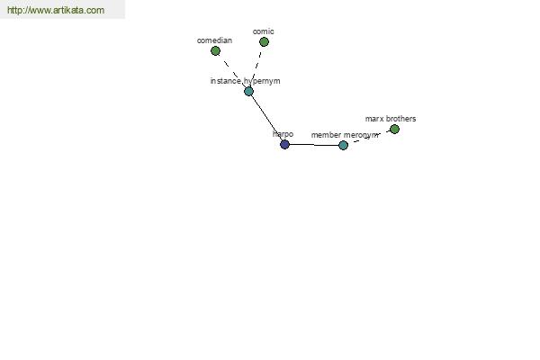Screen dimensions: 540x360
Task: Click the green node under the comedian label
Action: click(x=215, y=51)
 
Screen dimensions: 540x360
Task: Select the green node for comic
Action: click(x=264, y=41)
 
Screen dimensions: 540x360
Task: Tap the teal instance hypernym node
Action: click(x=248, y=91)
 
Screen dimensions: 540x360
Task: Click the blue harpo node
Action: click(x=284, y=144)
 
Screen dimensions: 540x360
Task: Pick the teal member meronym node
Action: click(x=343, y=145)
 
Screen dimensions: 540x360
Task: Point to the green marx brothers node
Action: click(x=394, y=130)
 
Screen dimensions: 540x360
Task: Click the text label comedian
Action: click(x=214, y=40)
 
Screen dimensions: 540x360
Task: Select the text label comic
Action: click(x=264, y=31)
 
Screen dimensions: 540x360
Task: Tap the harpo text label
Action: click(x=283, y=134)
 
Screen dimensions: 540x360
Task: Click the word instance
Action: click(x=226, y=81)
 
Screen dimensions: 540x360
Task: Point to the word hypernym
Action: click(x=262, y=81)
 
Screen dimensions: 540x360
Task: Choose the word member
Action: click(x=326, y=135)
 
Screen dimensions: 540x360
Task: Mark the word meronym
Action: click(x=361, y=135)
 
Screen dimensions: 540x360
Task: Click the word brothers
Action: click(x=400, y=119)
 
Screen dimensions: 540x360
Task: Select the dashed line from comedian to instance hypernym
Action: click(x=232, y=71)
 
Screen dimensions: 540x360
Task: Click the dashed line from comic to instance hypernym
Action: click(x=256, y=66)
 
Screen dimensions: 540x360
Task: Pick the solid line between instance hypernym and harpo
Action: click(x=266, y=118)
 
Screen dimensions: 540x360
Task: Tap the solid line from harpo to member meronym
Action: click(x=314, y=145)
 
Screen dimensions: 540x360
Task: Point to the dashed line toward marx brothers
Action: click(x=369, y=137)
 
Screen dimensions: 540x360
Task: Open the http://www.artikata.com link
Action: click(x=56, y=10)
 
